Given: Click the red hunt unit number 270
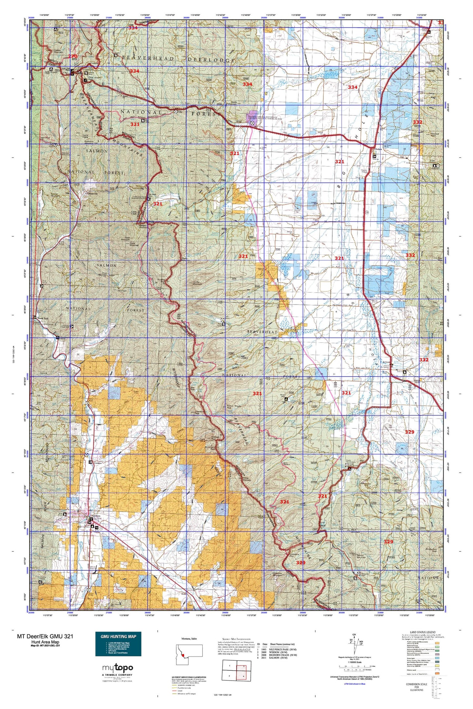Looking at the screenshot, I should [72, 56].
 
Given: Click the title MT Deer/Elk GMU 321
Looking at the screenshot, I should [45, 636].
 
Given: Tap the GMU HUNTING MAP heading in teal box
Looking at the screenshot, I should [118, 636].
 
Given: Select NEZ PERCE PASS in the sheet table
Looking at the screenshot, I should [283, 649].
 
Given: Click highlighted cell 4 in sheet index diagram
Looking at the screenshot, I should [244, 674].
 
